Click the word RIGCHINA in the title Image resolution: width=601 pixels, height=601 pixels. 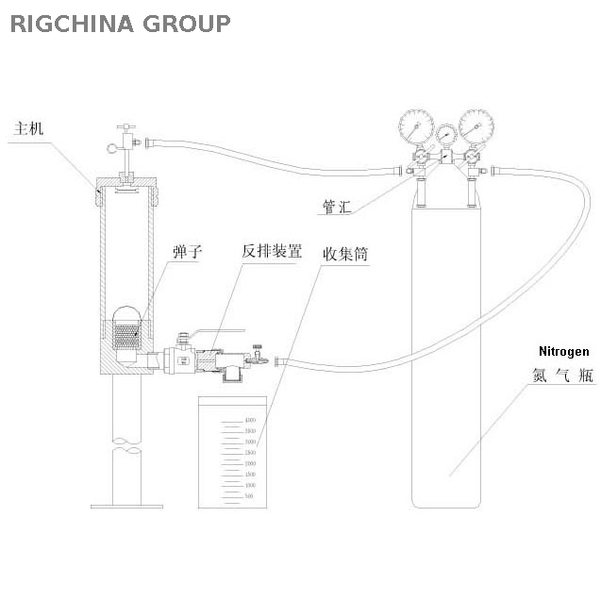(x=72, y=24)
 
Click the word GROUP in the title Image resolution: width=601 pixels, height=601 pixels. (x=186, y=24)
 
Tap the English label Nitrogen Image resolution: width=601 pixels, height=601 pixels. (x=563, y=351)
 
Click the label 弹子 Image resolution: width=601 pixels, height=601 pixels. (x=187, y=251)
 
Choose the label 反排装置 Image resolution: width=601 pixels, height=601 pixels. (x=272, y=251)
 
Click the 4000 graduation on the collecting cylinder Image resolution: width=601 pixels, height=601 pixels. (x=250, y=420)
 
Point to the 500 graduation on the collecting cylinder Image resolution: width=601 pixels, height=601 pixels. (x=250, y=495)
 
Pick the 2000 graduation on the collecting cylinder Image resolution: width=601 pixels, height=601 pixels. (x=250, y=463)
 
